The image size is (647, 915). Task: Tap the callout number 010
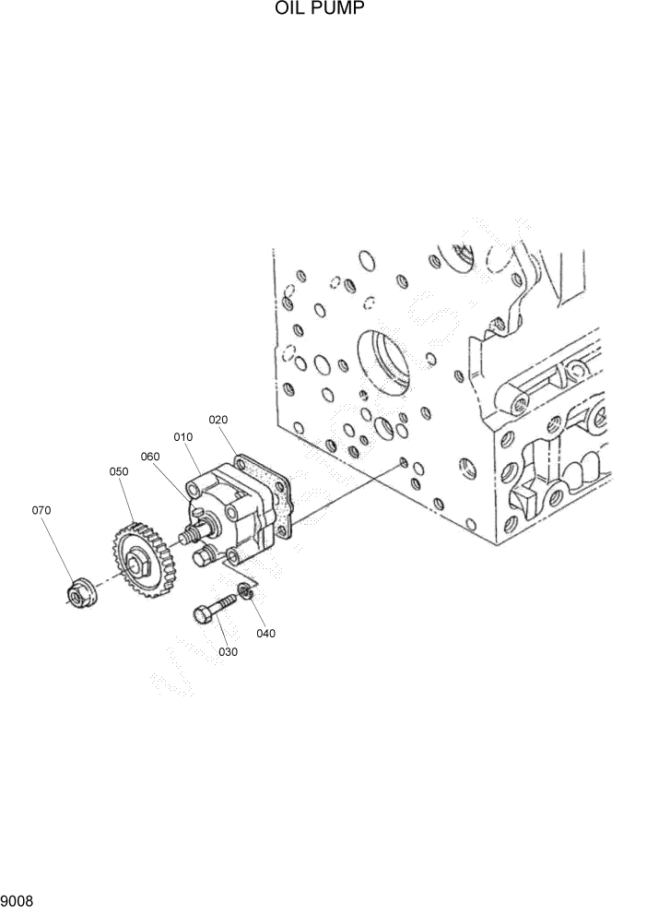pos(182,436)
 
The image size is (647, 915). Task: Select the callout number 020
pos(218,419)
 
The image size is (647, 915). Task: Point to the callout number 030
pos(228,651)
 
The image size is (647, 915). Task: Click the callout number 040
pos(265,634)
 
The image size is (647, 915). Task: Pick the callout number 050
pos(119,471)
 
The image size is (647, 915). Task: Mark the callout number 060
pos(150,456)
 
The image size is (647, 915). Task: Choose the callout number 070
pos(41,510)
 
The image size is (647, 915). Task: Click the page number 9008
pos(18,898)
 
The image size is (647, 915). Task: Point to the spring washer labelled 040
pos(244,591)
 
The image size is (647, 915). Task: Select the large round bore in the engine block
pos(381,359)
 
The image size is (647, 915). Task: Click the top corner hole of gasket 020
pos(240,457)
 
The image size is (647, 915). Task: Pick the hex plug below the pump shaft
pos(205,555)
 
